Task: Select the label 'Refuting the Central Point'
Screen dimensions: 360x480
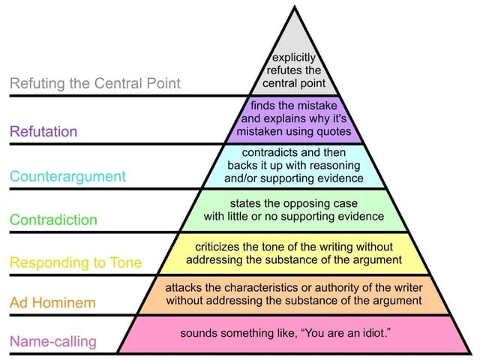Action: [x=94, y=82]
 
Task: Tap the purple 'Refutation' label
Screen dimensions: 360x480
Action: [x=43, y=131]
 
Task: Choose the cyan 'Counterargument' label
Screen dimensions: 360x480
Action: [x=67, y=176]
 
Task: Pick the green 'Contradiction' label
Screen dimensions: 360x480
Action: [x=53, y=220]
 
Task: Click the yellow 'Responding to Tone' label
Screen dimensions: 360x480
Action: [x=75, y=262]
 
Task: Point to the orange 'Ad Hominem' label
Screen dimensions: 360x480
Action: [x=52, y=303]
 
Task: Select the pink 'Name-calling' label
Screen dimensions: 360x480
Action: [x=52, y=342]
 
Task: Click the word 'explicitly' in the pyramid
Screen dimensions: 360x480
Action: [x=294, y=56]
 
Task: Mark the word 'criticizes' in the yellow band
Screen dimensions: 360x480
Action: [x=220, y=247]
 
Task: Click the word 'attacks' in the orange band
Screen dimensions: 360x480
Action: [x=184, y=287]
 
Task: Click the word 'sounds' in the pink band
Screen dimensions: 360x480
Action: [x=198, y=331]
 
